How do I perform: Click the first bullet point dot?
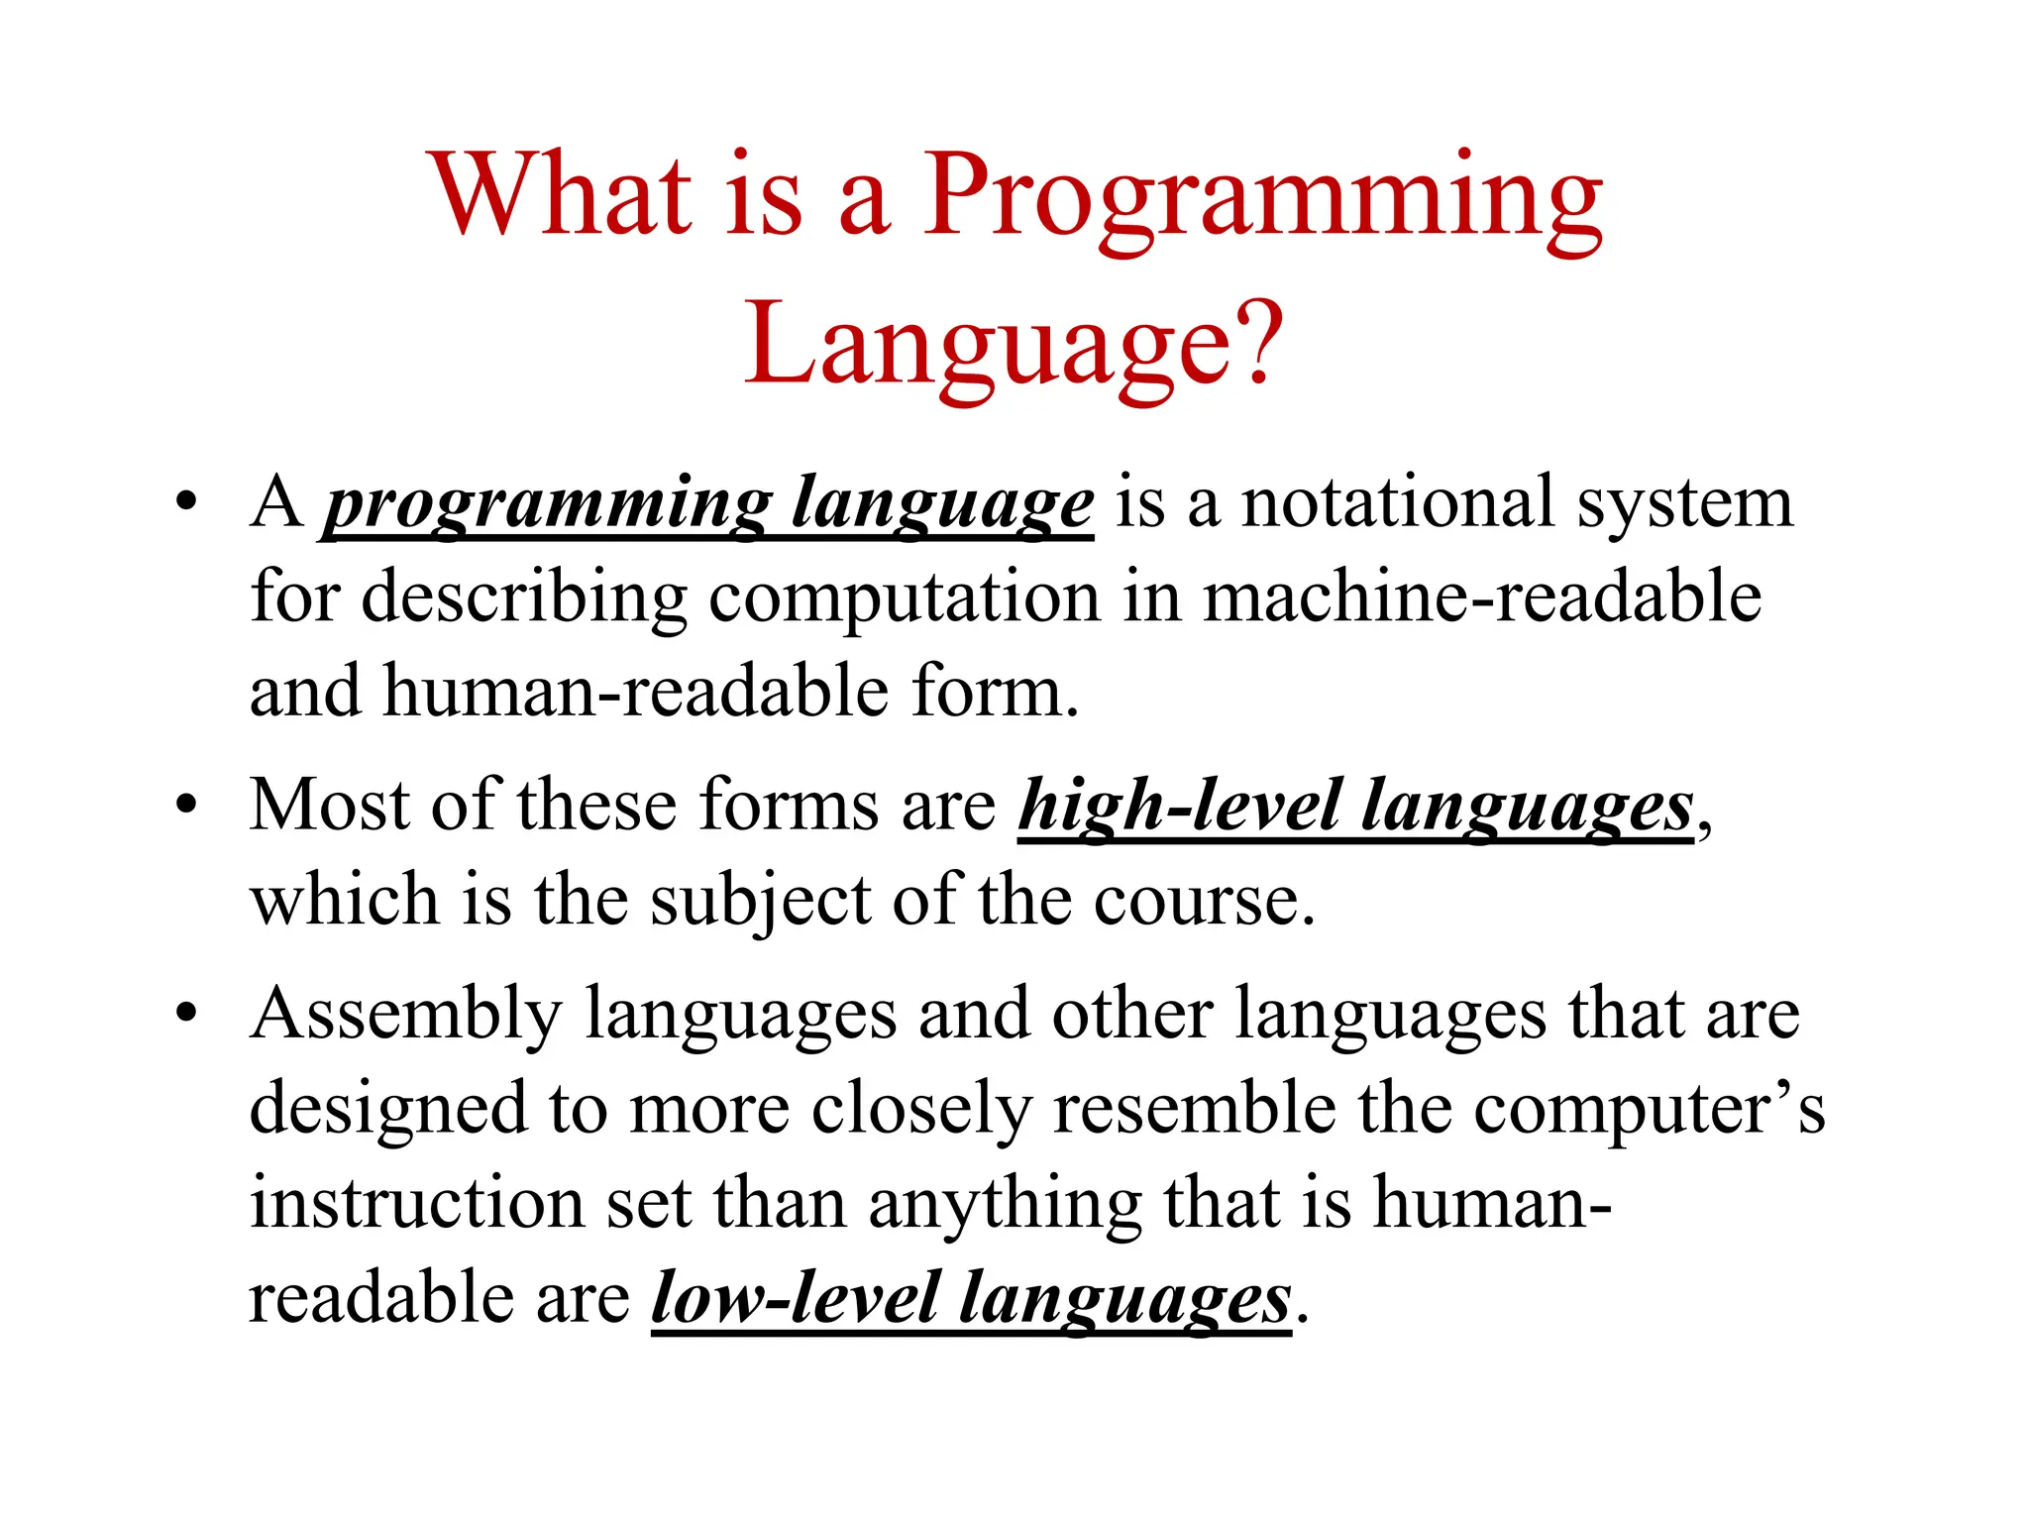[185, 501]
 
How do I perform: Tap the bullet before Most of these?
[185, 805]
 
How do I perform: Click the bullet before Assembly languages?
[185, 1014]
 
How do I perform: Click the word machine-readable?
[1481, 598]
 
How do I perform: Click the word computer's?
[1649, 1109]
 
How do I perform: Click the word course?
[1203, 902]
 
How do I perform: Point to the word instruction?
[416, 1203]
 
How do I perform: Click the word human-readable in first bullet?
[635, 692]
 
